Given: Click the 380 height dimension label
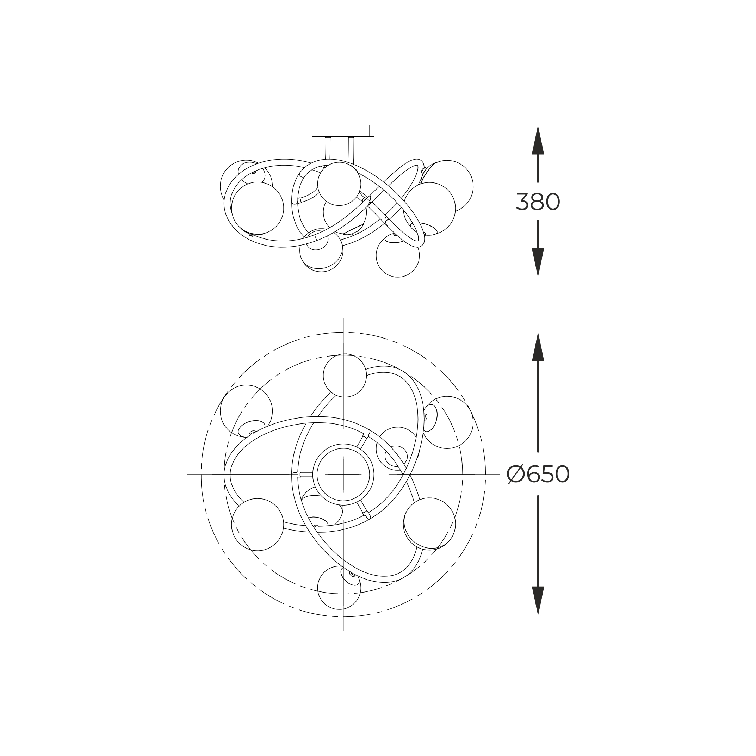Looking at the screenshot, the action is (538, 202).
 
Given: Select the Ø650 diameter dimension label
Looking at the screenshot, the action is (538, 475).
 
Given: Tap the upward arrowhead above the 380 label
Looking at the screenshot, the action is (538, 140).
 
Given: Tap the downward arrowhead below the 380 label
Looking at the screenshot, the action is (538, 262).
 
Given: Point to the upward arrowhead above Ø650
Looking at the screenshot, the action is (538, 347).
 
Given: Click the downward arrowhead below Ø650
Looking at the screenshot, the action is (538, 601).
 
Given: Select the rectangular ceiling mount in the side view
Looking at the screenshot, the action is (343, 131).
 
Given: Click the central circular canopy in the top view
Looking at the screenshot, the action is (343, 474).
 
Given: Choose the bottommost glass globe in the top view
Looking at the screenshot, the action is (339, 588).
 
